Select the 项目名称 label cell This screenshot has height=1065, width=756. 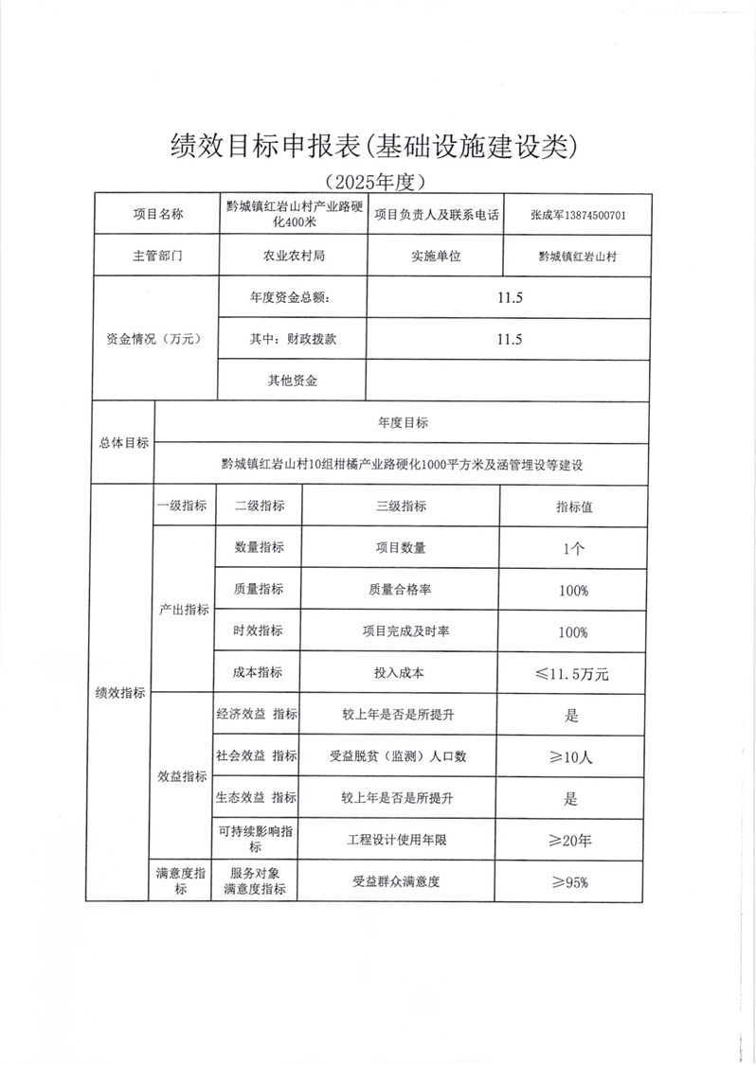156,215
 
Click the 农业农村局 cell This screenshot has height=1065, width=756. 293,256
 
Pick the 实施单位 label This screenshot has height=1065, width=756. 436,256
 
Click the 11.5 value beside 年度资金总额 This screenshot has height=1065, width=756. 510,297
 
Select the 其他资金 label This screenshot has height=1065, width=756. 293,381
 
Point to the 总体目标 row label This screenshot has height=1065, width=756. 123,442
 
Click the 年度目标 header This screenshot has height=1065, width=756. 402,422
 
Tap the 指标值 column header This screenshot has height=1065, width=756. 574,506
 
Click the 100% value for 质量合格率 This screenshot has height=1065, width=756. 573,590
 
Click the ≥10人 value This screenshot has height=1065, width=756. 571,757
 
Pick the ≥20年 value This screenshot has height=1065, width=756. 571,840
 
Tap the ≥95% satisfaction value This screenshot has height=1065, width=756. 571,882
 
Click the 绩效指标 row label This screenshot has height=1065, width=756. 119,693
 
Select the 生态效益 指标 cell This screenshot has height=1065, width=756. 257,799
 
